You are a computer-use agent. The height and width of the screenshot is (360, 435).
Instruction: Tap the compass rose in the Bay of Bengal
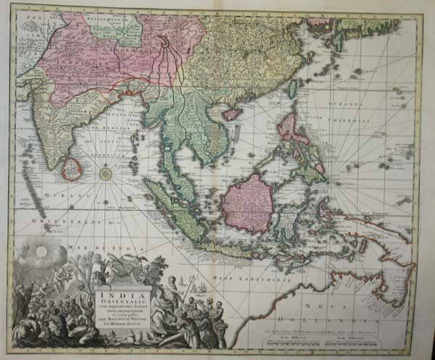point(106,174)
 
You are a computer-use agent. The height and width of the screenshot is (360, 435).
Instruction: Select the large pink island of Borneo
point(249,202)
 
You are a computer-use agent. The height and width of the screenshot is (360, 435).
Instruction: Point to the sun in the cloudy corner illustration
point(42,251)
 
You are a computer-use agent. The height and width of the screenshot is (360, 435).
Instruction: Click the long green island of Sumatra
point(174,210)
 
